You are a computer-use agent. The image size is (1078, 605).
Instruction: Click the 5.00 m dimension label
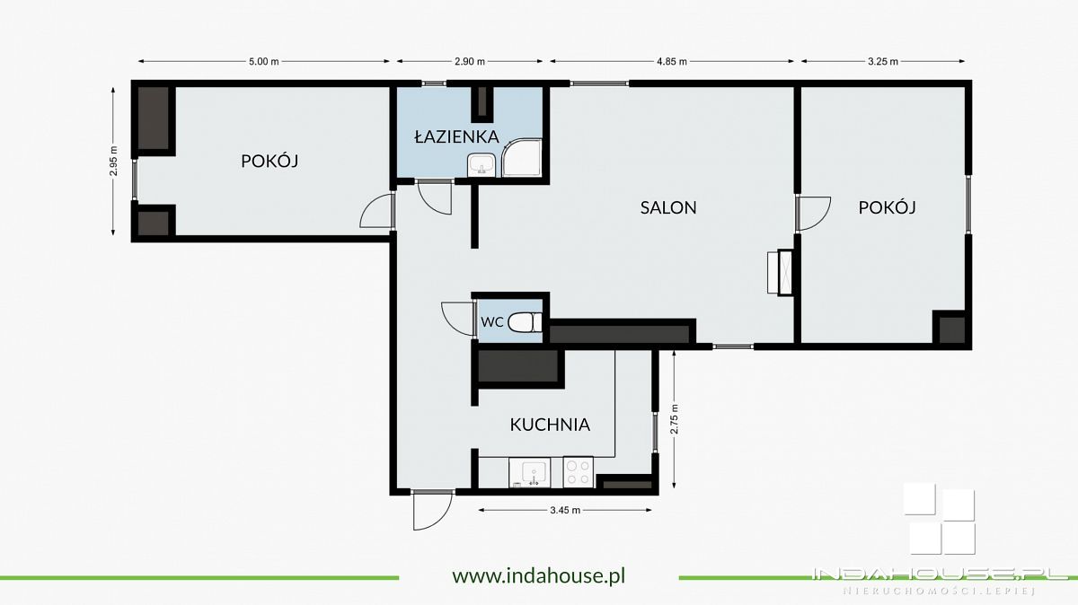click(264, 62)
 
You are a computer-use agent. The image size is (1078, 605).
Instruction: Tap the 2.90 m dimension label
click(470, 62)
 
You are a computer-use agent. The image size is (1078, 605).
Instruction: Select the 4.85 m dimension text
click(672, 62)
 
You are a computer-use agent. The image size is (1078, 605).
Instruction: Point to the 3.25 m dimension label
click(882, 62)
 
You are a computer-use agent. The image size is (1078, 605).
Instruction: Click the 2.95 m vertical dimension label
click(113, 161)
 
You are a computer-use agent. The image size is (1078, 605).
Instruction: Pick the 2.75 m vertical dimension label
click(674, 419)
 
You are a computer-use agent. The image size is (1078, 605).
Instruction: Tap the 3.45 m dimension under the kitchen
click(565, 510)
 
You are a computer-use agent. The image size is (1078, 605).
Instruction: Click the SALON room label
click(668, 207)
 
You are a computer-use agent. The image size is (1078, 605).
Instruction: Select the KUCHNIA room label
click(550, 425)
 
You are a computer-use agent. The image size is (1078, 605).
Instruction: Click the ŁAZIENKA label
click(456, 136)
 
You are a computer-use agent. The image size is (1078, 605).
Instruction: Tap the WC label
click(492, 322)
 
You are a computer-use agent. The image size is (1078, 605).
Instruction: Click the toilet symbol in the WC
click(525, 322)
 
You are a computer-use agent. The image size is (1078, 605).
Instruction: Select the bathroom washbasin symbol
click(482, 165)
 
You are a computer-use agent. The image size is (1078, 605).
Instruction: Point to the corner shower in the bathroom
click(522, 158)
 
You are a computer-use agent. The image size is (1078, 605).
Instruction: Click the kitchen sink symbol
click(529, 472)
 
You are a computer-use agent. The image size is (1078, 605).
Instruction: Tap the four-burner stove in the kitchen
click(578, 472)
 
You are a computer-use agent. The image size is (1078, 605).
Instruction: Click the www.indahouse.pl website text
click(538, 575)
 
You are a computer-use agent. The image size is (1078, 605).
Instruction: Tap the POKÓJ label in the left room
click(269, 161)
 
